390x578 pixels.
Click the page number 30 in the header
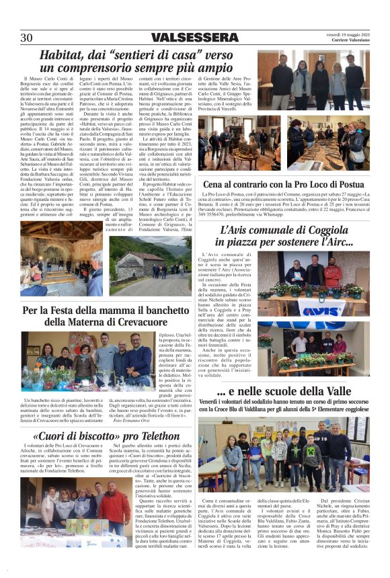(x=26, y=37)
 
